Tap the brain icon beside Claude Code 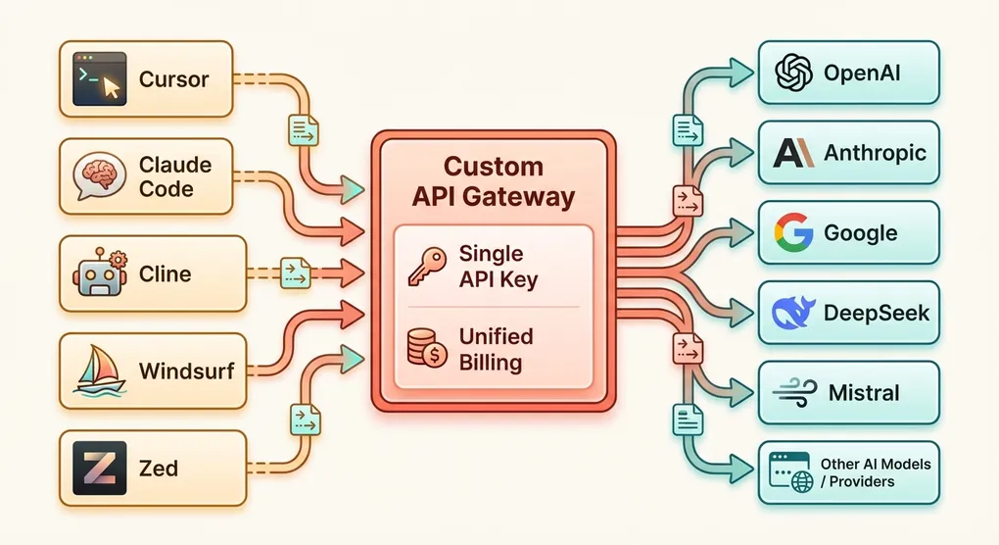pos(102,176)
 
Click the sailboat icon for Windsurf pos(102,371)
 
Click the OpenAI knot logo pos(794,73)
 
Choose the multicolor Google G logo pos(794,233)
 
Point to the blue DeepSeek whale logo pos(794,313)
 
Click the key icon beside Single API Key pos(426,266)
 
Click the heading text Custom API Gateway pos(493,180)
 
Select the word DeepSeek pos(877,314)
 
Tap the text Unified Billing pos(497,349)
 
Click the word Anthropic pos(875,153)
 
